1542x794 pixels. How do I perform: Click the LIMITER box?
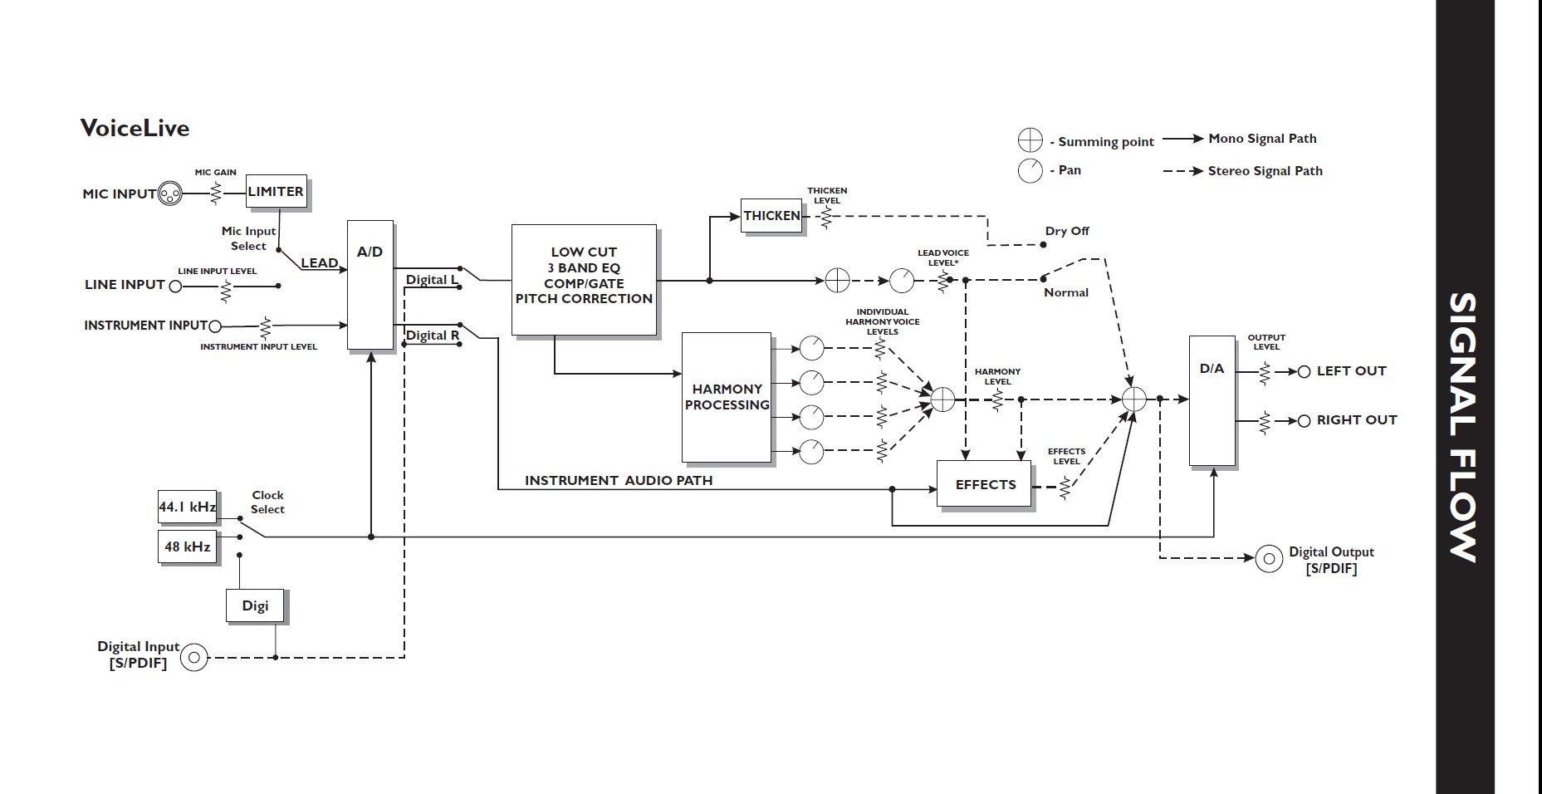[x=276, y=192]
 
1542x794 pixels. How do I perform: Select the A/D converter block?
[x=370, y=285]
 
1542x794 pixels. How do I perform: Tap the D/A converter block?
[x=1212, y=400]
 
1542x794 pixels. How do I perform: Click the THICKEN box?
[x=771, y=216]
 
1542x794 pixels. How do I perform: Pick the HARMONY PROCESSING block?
[x=727, y=397]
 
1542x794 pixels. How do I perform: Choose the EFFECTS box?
[x=985, y=484]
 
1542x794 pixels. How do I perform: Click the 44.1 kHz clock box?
[x=187, y=507]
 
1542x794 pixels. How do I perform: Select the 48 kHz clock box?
[x=187, y=546]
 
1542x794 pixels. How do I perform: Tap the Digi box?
[x=255, y=605]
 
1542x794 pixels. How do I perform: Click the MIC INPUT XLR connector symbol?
[x=169, y=194]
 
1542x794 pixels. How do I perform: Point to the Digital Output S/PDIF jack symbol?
[x=1268, y=559]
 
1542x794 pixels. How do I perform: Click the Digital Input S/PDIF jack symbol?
[x=194, y=658]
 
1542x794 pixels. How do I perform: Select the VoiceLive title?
[x=135, y=128]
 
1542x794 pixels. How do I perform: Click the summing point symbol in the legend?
[x=1030, y=140]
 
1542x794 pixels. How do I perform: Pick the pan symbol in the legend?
[x=1030, y=170]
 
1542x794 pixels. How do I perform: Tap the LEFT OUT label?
[x=1351, y=371]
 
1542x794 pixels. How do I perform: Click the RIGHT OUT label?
[x=1356, y=420]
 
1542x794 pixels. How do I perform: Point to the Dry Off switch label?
[x=1066, y=231]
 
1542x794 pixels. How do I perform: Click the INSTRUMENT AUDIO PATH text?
[x=619, y=480]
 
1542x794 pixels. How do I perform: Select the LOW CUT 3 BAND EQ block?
[x=584, y=276]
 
